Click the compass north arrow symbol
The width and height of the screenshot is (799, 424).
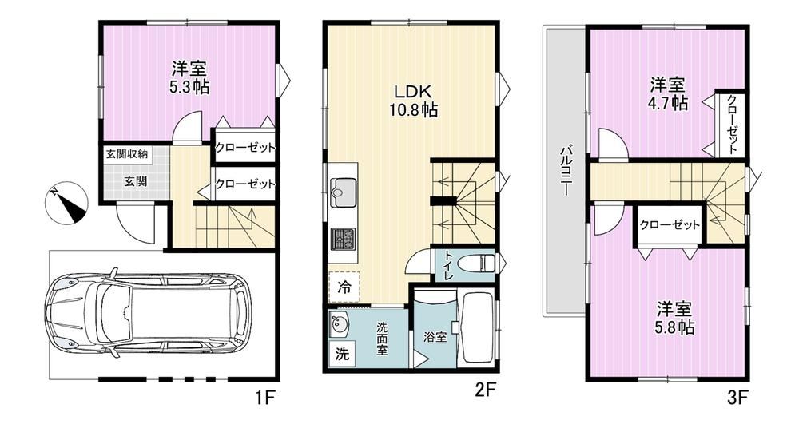click(66, 203)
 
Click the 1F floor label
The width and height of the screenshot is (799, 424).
click(263, 396)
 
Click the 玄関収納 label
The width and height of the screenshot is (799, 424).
click(127, 154)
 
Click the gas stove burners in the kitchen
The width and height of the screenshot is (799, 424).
click(341, 239)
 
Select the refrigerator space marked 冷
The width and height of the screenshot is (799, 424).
click(344, 287)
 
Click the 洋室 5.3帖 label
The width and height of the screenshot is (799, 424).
click(189, 77)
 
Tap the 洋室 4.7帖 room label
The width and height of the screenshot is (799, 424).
click(667, 93)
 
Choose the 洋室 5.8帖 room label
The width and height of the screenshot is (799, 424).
click(674, 318)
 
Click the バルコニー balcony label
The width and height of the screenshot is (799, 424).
click(565, 171)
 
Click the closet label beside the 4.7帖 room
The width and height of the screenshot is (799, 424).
click(732, 125)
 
